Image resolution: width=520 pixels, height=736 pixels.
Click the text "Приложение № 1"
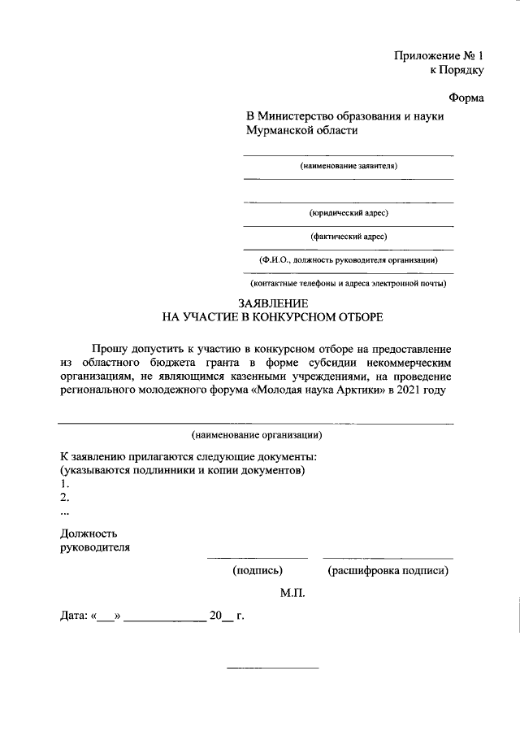tap(438, 56)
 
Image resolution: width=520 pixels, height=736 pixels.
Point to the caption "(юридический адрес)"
tap(349, 213)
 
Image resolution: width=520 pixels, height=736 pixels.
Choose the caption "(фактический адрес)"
tap(349, 237)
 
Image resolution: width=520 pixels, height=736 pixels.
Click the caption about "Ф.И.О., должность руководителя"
tap(349, 260)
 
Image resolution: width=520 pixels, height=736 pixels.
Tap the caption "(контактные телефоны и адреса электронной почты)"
tap(349, 284)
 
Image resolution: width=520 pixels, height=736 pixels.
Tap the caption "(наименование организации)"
tap(256, 434)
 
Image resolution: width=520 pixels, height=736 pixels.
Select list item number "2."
tap(65, 498)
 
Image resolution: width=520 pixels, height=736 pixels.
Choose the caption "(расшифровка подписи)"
tap(388, 570)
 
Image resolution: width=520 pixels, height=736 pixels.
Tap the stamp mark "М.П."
tap(292, 594)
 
